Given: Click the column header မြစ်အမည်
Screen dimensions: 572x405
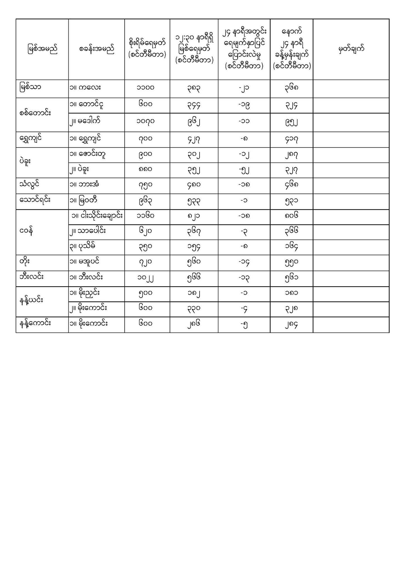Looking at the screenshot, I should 42,49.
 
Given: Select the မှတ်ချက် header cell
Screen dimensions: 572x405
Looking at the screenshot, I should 351,49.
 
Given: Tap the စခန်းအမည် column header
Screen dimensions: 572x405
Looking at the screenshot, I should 96,49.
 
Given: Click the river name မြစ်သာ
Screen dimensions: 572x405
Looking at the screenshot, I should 31,87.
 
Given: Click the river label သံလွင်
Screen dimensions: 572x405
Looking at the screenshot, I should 29,184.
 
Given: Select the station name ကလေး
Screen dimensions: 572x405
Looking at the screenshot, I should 89,88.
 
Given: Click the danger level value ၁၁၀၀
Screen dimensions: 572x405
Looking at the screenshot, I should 146,88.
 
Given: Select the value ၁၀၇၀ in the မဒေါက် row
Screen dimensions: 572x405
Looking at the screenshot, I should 146,121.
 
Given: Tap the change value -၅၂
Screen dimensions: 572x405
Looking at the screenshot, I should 244,170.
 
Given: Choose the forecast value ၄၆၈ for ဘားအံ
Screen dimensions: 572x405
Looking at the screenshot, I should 291,185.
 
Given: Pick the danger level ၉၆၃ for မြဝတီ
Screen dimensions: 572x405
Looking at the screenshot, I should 146,201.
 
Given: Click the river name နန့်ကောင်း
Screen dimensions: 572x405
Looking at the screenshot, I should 35,323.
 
